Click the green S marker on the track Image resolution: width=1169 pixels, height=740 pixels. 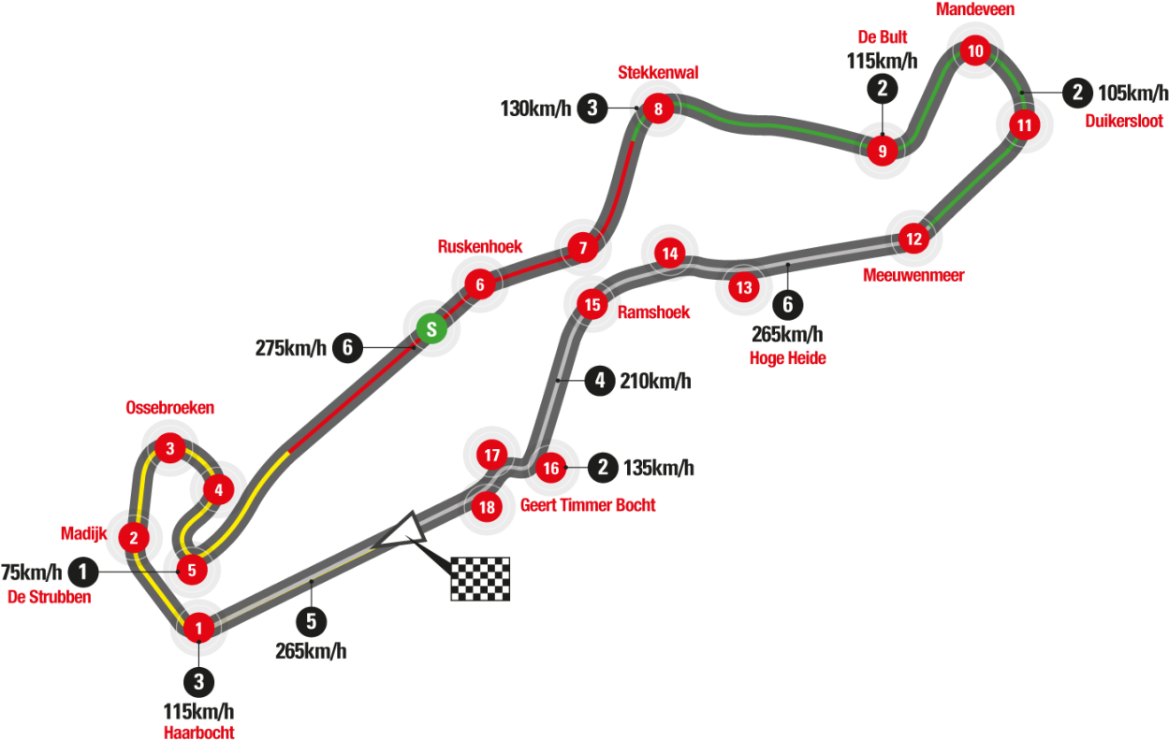click(x=431, y=329)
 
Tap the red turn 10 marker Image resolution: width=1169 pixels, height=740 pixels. click(x=975, y=51)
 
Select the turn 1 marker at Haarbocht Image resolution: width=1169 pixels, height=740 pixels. click(x=198, y=628)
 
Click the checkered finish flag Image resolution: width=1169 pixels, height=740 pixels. click(x=480, y=579)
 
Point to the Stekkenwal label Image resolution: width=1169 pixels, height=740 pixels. click(x=658, y=72)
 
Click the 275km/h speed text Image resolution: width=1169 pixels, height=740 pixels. click(x=291, y=348)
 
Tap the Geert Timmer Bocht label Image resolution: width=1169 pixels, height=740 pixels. click(x=588, y=505)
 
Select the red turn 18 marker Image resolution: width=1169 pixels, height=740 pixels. click(x=487, y=507)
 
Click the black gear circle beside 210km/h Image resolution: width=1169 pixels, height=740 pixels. click(x=600, y=381)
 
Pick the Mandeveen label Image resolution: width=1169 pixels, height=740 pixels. click(x=975, y=9)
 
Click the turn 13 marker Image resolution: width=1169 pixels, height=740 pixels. click(x=744, y=287)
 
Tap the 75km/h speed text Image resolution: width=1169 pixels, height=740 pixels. click(x=31, y=573)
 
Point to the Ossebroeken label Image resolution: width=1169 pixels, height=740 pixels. click(x=170, y=407)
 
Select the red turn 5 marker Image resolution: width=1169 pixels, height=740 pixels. click(x=192, y=570)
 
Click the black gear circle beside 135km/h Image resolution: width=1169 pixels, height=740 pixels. click(x=603, y=467)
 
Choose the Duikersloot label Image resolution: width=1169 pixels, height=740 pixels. click(x=1124, y=121)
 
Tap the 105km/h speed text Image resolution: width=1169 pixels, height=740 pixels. click(x=1133, y=93)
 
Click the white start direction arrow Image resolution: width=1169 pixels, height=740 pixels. click(x=402, y=532)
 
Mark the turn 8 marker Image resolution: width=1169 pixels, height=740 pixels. click(x=658, y=109)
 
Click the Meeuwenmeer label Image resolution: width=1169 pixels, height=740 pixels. click(x=913, y=275)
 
